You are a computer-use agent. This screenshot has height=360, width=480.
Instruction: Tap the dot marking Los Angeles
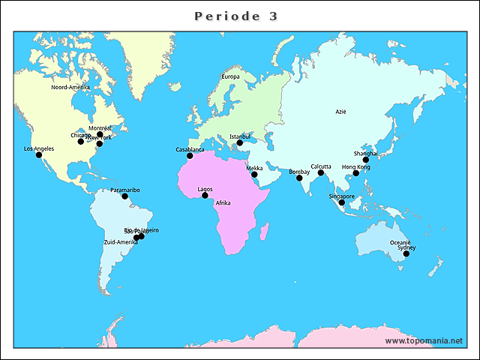[39, 154]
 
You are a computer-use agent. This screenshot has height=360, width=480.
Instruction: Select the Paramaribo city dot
[125, 196]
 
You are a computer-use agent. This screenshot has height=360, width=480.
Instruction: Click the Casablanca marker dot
[190, 155]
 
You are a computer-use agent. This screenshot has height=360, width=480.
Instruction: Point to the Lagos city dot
[205, 195]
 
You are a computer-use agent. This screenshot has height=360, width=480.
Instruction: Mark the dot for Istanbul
[240, 142]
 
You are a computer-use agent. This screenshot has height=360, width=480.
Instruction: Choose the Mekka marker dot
[254, 175]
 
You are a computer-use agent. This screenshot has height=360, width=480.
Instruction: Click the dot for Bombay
[299, 178]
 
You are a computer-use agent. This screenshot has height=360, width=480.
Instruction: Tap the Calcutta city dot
[321, 172]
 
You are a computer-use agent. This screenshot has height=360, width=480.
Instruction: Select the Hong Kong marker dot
[356, 173]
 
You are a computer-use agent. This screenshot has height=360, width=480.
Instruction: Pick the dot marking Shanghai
[366, 160]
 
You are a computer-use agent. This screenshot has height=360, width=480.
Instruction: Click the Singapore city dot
[342, 202]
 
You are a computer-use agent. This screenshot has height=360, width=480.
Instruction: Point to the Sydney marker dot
[406, 253]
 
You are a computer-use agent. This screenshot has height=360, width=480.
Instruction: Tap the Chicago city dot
[81, 141]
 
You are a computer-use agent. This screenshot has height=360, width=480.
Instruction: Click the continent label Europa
[230, 76]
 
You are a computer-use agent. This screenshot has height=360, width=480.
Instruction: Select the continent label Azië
[340, 112]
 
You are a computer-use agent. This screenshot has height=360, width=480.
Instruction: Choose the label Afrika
[223, 203]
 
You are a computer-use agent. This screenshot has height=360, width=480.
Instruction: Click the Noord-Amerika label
[70, 87]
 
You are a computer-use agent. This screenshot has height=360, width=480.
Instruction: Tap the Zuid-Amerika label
[121, 242]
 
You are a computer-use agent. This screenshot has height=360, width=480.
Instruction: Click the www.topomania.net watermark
[424, 340]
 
